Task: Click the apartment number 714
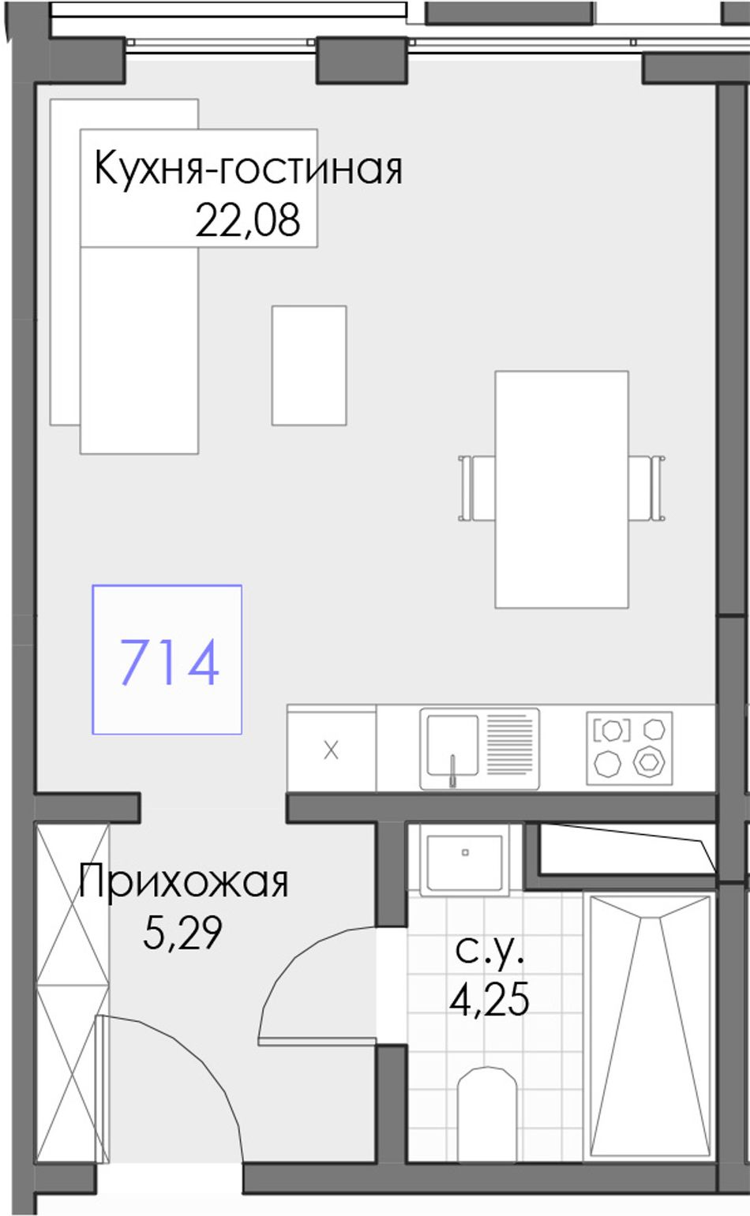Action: point(169,662)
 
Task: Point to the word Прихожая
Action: point(184,882)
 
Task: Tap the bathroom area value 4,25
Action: point(489,1000)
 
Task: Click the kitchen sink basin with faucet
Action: point(452,748)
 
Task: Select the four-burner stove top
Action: point(629,748)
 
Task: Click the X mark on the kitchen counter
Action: point(331,750)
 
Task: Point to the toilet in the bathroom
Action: point(486,1112)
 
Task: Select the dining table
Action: point(561,489)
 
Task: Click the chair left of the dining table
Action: point(476,488)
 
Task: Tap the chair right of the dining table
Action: point(648,488)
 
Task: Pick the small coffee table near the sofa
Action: point(309,365)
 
